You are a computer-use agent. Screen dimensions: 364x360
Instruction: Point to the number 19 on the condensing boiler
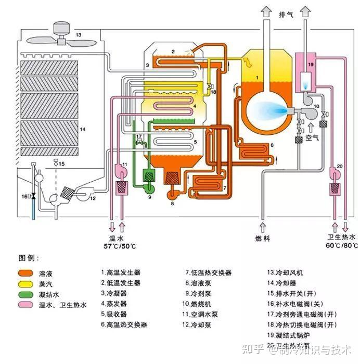click(x=311, y=65)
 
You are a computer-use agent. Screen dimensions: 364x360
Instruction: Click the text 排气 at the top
click(x=286, y=15)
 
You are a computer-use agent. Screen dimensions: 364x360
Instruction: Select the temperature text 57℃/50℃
click(x=119, y=245)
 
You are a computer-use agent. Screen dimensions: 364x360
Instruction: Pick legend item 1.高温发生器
click(x=121, y=272)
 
